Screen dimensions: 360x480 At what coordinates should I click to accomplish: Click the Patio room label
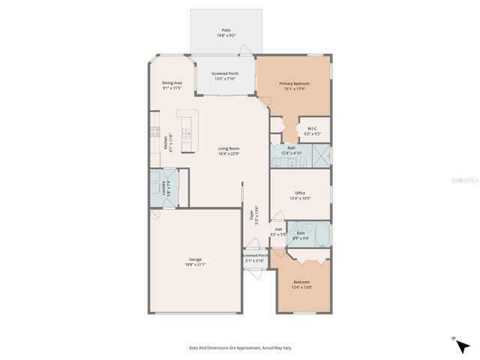pyautogui.click(x=226, y=31)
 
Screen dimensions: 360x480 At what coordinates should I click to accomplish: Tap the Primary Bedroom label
pyautogui.click(x=294, y=83)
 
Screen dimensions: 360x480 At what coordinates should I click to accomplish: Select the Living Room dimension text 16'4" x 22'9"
pyautogui.click(x=229, y=154)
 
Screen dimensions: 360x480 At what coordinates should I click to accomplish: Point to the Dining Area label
pyautogui.click(x=172, y=82)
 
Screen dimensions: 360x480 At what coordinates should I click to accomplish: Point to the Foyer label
pyautogui.click(x=251, y=214)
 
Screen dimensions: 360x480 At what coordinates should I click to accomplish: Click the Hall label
pyautogui.click(x=278, y=229)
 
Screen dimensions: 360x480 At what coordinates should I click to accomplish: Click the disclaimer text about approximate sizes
pyautogui.click(x=239, y=347)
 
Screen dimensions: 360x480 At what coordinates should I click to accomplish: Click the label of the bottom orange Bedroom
pyautogui.click(x=301, y=282)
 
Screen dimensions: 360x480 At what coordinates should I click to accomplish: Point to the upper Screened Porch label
pyautogui.click(x=225, y=73)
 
